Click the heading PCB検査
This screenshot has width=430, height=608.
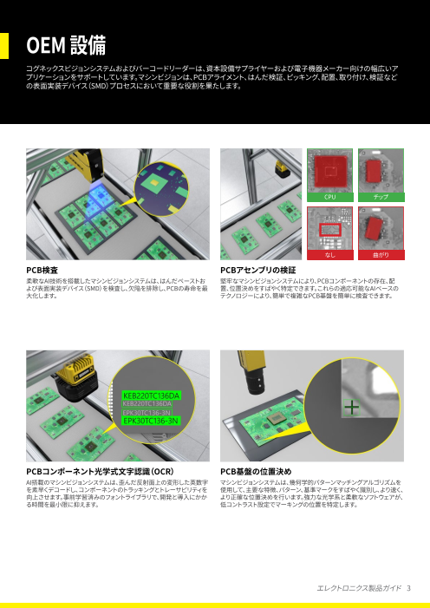tap(43, 271)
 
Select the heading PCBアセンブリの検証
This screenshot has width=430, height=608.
tap(258, 271)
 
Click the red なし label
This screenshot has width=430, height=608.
tap(330, 256)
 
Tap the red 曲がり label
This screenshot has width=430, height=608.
tap(380, 256)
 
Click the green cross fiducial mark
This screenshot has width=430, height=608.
tap(351, 407)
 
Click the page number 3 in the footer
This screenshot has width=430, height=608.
tap(408, 588)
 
